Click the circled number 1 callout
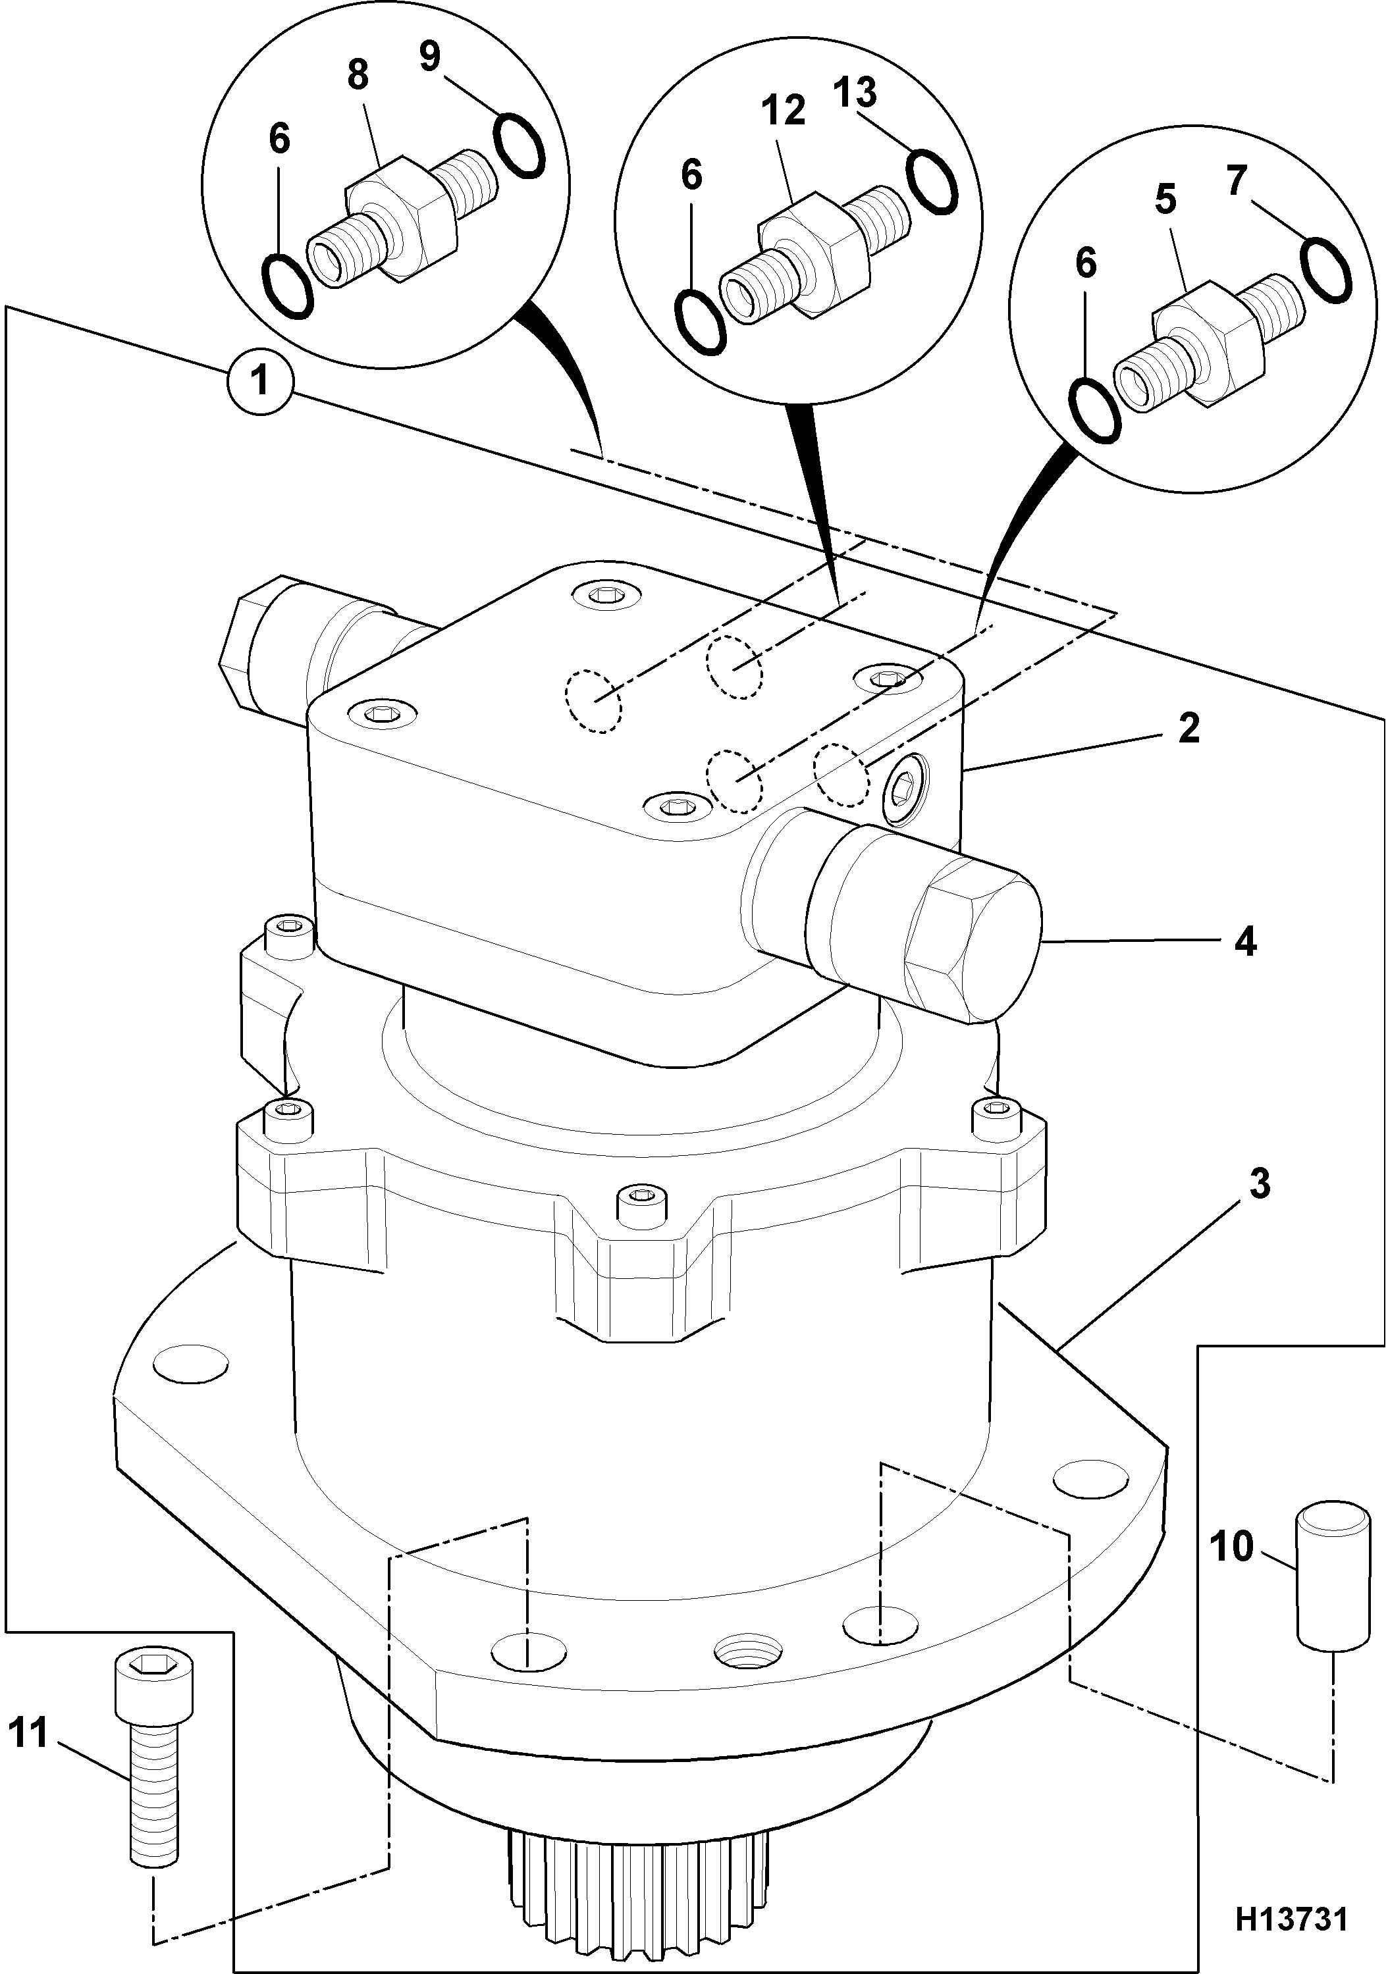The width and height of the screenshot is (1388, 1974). [x=259, y=379]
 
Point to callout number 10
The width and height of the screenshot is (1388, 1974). [x=1233, y=1547]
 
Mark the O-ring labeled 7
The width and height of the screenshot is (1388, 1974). [x=1326, y=271]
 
